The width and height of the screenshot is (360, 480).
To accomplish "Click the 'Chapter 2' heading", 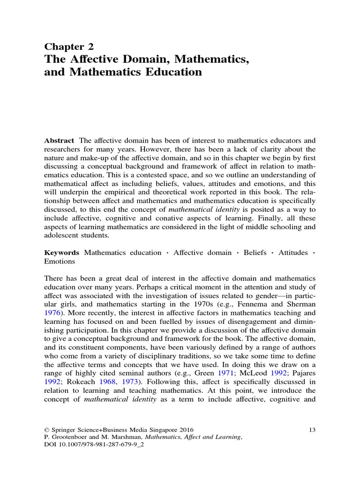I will tap(69, 46).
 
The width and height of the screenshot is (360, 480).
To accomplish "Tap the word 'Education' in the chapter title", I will tap(172, 72).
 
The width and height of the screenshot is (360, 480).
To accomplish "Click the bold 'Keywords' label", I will tap(61, 253).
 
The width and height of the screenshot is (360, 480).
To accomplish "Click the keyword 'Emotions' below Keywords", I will tap(60, 262).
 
